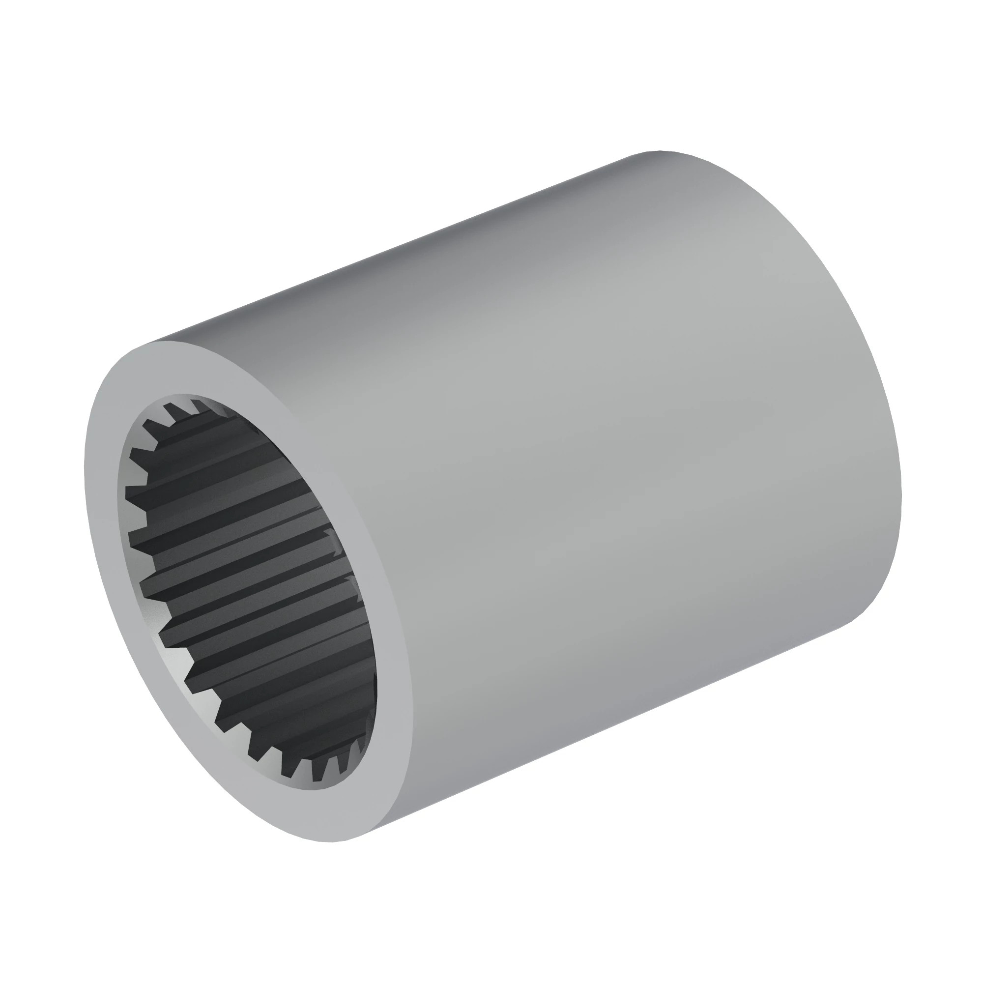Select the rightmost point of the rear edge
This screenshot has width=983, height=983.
pos(901,498)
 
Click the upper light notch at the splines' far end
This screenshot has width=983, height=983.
pos(331,534)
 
